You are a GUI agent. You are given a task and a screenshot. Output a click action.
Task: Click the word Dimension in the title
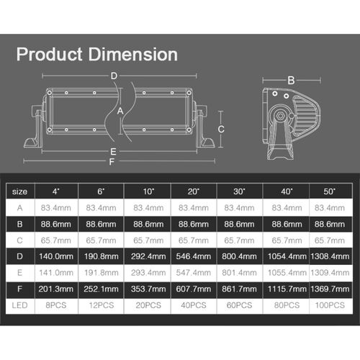click(133, 54)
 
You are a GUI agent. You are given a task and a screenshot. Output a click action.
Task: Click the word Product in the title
click(50, 54)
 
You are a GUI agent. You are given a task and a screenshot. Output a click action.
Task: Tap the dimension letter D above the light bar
click(114, 76)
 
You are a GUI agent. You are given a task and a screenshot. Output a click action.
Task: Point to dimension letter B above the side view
click(291, 81)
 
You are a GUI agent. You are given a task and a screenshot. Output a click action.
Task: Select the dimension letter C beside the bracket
click(221, 129)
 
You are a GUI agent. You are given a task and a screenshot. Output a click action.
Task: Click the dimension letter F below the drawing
click(112, 162)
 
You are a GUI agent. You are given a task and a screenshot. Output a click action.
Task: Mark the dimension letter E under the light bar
click(113, 152)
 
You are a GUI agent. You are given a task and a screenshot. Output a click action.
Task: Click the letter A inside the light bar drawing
click(120, 111)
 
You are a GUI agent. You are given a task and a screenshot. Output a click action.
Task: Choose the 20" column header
click(194, 192)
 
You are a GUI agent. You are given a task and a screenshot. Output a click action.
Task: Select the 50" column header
click(330, 192)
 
